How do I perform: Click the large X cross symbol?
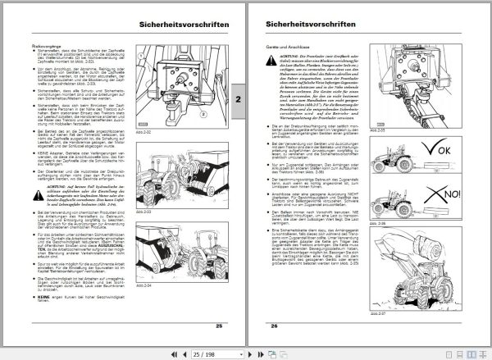point(449,215)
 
